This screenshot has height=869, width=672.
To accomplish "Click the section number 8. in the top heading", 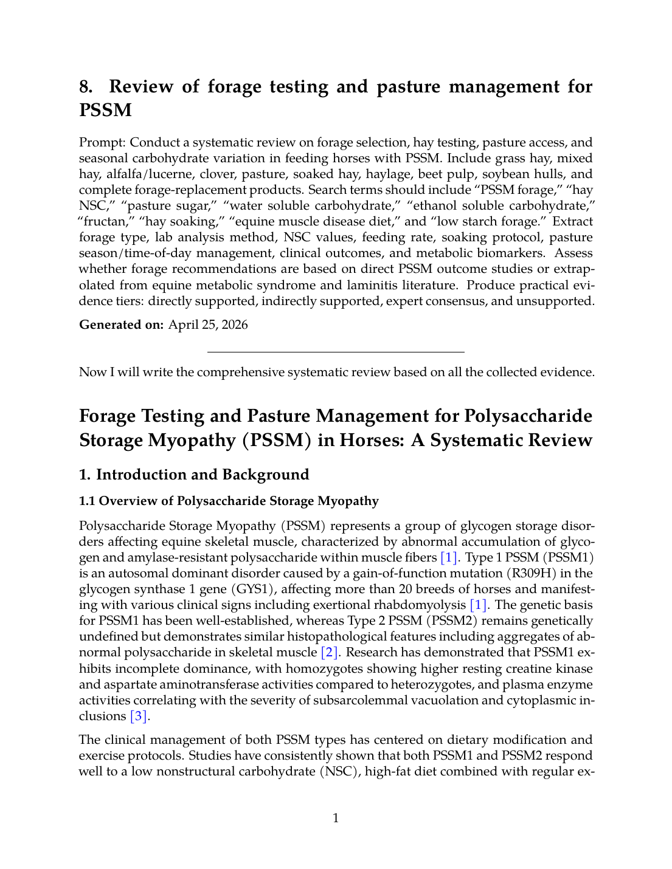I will [x=86, y=87].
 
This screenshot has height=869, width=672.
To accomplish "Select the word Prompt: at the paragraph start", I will [x=102, y=143].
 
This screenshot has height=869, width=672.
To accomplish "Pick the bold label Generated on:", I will [x=121, y=325].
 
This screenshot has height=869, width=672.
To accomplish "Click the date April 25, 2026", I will [x=208, y=325].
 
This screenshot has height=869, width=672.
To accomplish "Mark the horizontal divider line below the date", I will [x=336, y=352].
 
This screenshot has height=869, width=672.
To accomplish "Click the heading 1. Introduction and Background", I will [x=194, y=475].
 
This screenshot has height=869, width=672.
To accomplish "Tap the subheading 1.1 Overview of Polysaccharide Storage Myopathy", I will [x=229, y=501].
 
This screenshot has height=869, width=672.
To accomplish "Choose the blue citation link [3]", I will [x=139, y=716].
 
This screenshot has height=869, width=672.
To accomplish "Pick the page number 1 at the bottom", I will [x=336, y=819].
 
